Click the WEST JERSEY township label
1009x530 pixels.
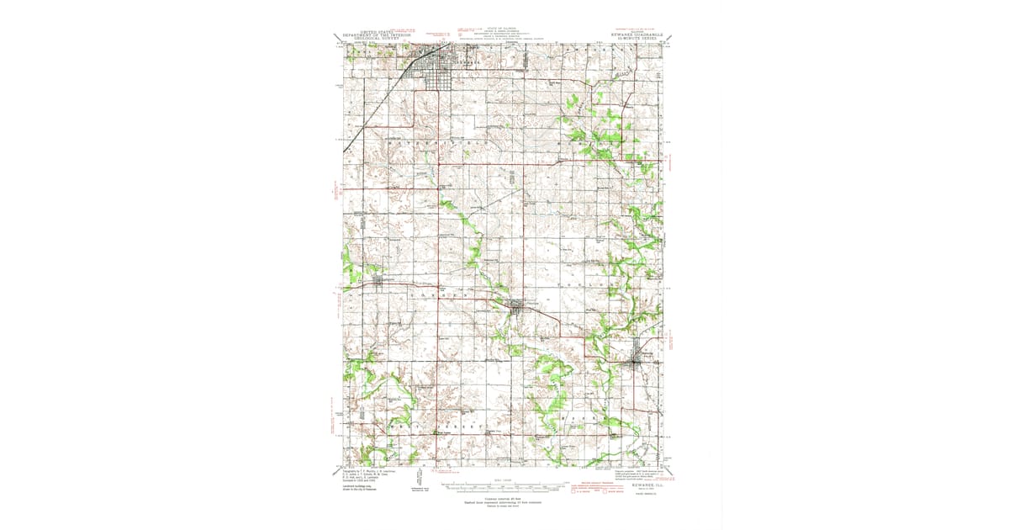tap(437, 427)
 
